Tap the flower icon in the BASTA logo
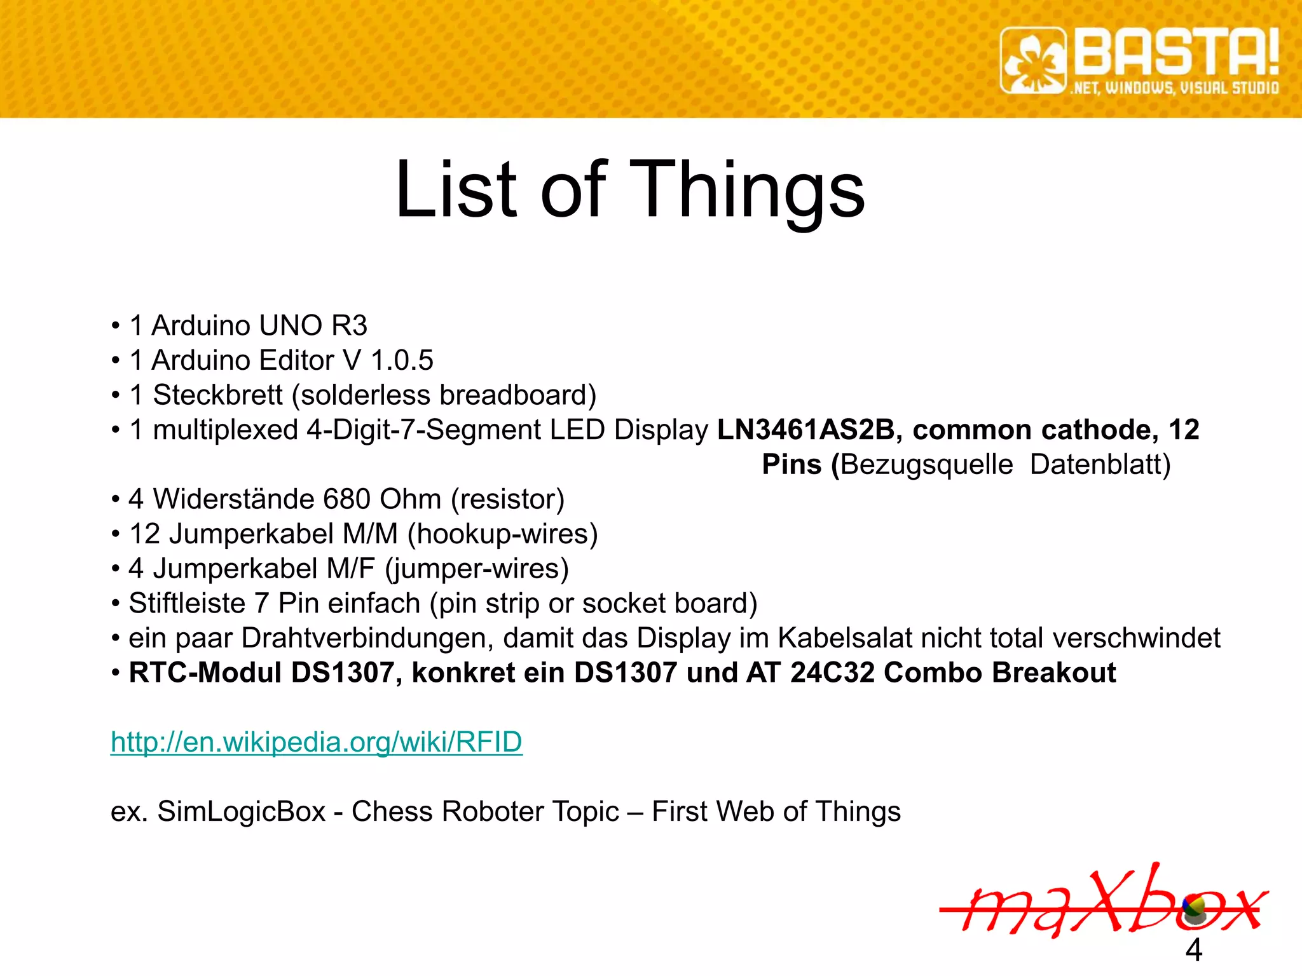pos(1034,61)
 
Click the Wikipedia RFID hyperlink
pos(316,742)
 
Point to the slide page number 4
pos(1193,950)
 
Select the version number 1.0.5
pos(402,360)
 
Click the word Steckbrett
pos(217,395)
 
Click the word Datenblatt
pos(1100,464)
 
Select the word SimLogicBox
pos(241,811)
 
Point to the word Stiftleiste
pos(187,604)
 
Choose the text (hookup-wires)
pos(502,534)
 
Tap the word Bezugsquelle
pos(926,464)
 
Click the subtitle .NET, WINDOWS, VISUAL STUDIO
pos(1175,88)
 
